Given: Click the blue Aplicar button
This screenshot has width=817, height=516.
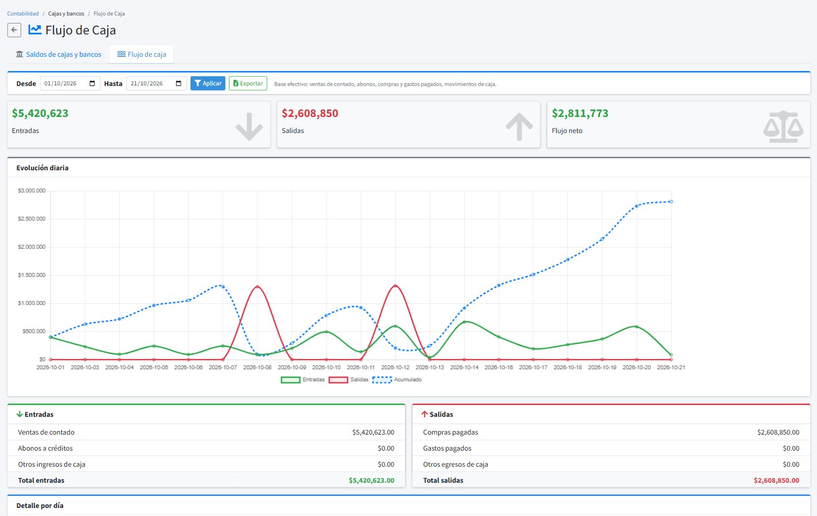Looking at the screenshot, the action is pos(208,84).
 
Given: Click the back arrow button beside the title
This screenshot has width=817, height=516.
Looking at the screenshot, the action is pos(14,30).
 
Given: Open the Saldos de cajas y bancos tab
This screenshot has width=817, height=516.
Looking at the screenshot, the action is pos(59,54).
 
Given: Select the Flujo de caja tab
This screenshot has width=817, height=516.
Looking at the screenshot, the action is pos(142,54).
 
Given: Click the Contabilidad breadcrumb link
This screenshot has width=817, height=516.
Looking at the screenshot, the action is pos(23,14).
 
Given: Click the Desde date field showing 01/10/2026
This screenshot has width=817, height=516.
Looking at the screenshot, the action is pos(69,84).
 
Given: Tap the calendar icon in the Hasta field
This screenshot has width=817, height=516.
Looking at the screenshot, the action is pos(179,84).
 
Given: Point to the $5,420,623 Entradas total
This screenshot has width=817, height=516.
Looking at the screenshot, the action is pos(40,114).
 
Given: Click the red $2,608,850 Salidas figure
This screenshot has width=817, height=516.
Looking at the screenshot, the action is pos(310,114).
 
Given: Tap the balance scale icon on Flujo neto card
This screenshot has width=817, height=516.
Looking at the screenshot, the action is pos(784,127).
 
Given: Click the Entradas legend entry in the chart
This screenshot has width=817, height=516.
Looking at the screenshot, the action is pos(303,380).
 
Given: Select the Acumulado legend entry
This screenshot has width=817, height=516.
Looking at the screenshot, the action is pos(397,380).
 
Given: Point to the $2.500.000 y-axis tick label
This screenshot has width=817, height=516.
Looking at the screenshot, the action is pos(32,218).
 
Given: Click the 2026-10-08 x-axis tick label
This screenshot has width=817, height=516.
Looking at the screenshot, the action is pos(258,368).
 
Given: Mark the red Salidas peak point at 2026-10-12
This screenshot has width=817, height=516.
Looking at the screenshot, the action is pos(395,286).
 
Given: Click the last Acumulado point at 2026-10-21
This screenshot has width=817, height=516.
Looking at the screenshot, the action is pos(671,201).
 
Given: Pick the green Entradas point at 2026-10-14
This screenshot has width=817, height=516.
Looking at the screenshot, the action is pos(464,322).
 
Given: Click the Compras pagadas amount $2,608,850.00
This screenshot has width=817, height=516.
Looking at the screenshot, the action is pos(779,432).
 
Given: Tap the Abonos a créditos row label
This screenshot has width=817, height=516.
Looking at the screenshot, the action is pos(45,448).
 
